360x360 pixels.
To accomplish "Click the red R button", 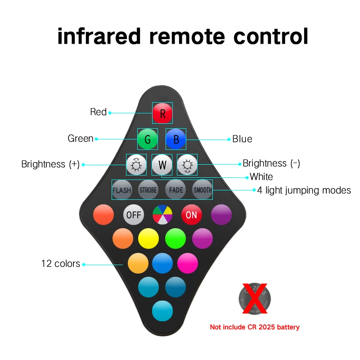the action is click(162, 113).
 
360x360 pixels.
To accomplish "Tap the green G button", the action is click(148, 139).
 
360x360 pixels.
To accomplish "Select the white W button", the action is click(162, 165).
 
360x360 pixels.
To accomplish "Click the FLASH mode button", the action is click(121, 190).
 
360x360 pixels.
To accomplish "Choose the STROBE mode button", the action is click(148, 190).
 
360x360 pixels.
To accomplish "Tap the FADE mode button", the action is click(176, 190).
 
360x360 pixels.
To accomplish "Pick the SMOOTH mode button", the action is click(202, 190).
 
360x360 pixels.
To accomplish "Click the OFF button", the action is click(134, 215).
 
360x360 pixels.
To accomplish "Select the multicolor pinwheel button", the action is click(162, 215).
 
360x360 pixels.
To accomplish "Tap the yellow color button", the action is click(148, 238).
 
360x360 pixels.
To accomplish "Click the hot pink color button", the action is click(188, 263).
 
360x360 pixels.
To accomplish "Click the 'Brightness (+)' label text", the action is click(50, 164).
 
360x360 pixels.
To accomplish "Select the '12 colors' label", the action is click(61, 264).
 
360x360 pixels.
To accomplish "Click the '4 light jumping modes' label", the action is click(304, 190).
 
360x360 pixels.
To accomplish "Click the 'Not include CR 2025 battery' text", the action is click(255, 327).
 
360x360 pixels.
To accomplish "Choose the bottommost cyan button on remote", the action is click(162, 310).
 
